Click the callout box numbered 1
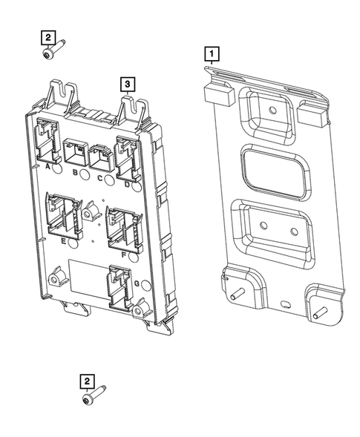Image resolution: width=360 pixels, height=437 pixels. point(212,53)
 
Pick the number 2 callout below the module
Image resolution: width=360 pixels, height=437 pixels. point(87,381)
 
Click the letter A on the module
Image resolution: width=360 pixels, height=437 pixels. point(48,168)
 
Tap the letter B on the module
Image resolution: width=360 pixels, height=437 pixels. point(76,172)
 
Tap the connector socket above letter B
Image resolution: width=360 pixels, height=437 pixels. point(76,152)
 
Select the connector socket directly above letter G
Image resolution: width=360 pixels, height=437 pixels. point(119,286)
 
